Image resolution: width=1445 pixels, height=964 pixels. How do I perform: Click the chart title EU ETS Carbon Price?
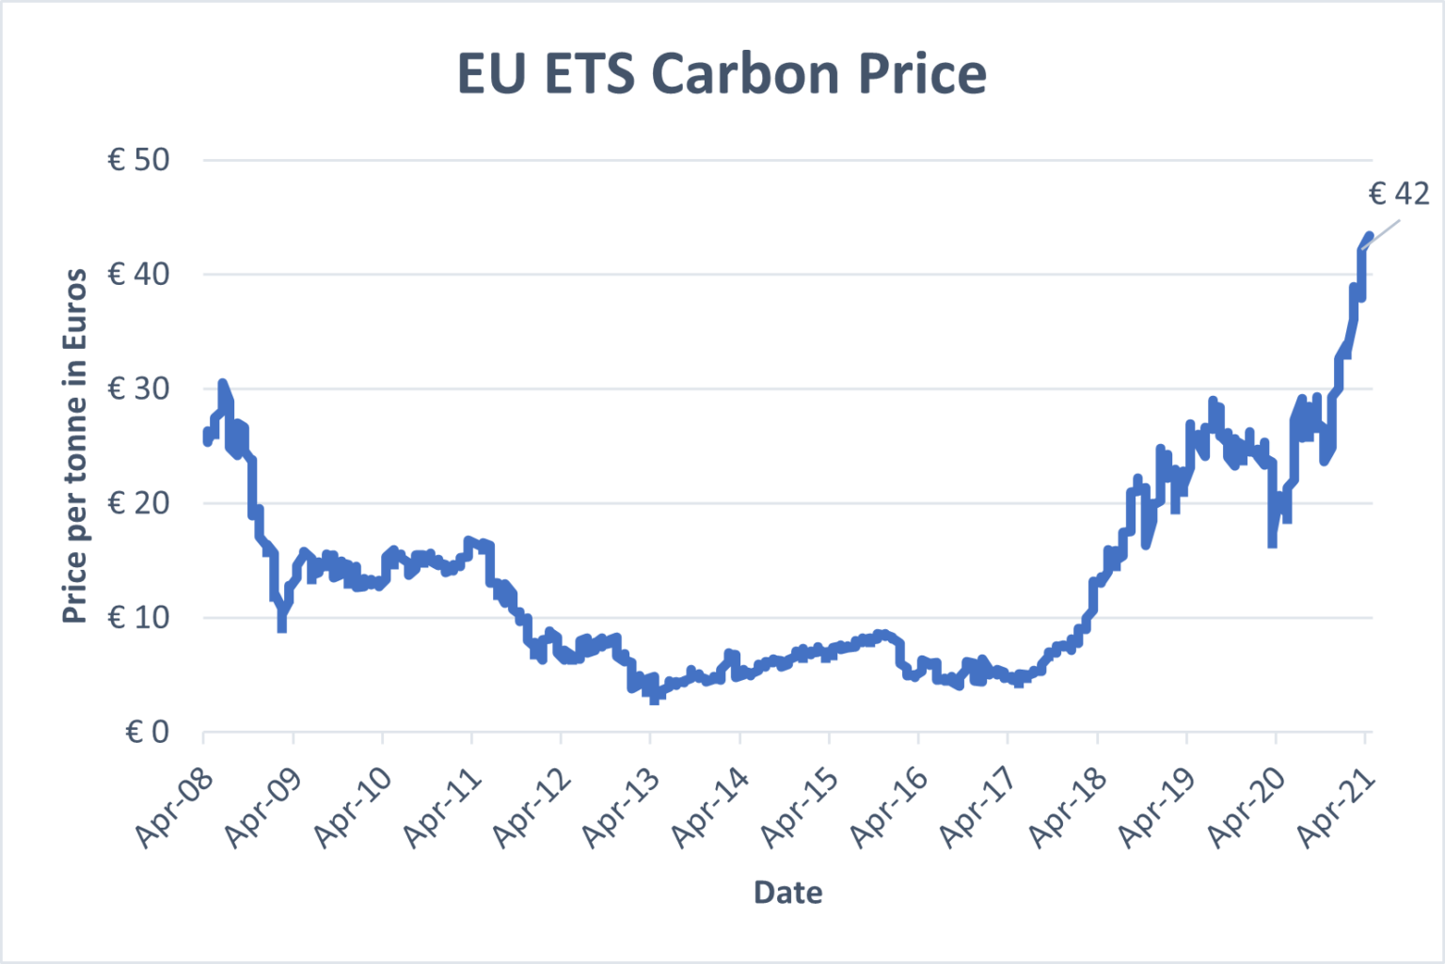[722, 73]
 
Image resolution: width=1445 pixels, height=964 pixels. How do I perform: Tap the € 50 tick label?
[138, 160]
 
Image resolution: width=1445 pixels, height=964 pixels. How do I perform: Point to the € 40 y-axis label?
[138, 275]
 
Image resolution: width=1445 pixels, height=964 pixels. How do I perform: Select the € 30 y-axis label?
[138, 388]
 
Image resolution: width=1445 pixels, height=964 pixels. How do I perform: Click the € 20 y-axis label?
[138, 503]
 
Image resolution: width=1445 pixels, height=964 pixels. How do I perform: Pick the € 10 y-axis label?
[138, 618]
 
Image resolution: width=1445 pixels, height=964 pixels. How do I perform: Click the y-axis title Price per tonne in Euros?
[75, 446]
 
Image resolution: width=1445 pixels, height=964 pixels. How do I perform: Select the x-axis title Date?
[787, 893]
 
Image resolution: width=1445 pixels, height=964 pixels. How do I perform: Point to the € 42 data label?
[1398, 194]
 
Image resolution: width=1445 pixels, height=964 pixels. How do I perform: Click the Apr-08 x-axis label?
[176, 807]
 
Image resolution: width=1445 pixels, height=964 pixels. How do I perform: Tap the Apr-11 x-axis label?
[443, 807]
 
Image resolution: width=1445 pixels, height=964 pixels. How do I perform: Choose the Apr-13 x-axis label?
[622, 807]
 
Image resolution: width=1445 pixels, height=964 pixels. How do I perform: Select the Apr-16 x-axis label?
[890, 807]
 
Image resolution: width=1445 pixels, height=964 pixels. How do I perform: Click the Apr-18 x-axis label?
[1069, 807]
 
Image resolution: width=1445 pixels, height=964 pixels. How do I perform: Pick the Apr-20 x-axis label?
[1247, 807]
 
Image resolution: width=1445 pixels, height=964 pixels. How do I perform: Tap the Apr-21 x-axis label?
[1337, 807]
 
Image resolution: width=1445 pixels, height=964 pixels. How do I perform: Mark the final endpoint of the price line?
[1369, 235]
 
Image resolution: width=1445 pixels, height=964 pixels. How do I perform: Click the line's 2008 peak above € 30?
[222, 383]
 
